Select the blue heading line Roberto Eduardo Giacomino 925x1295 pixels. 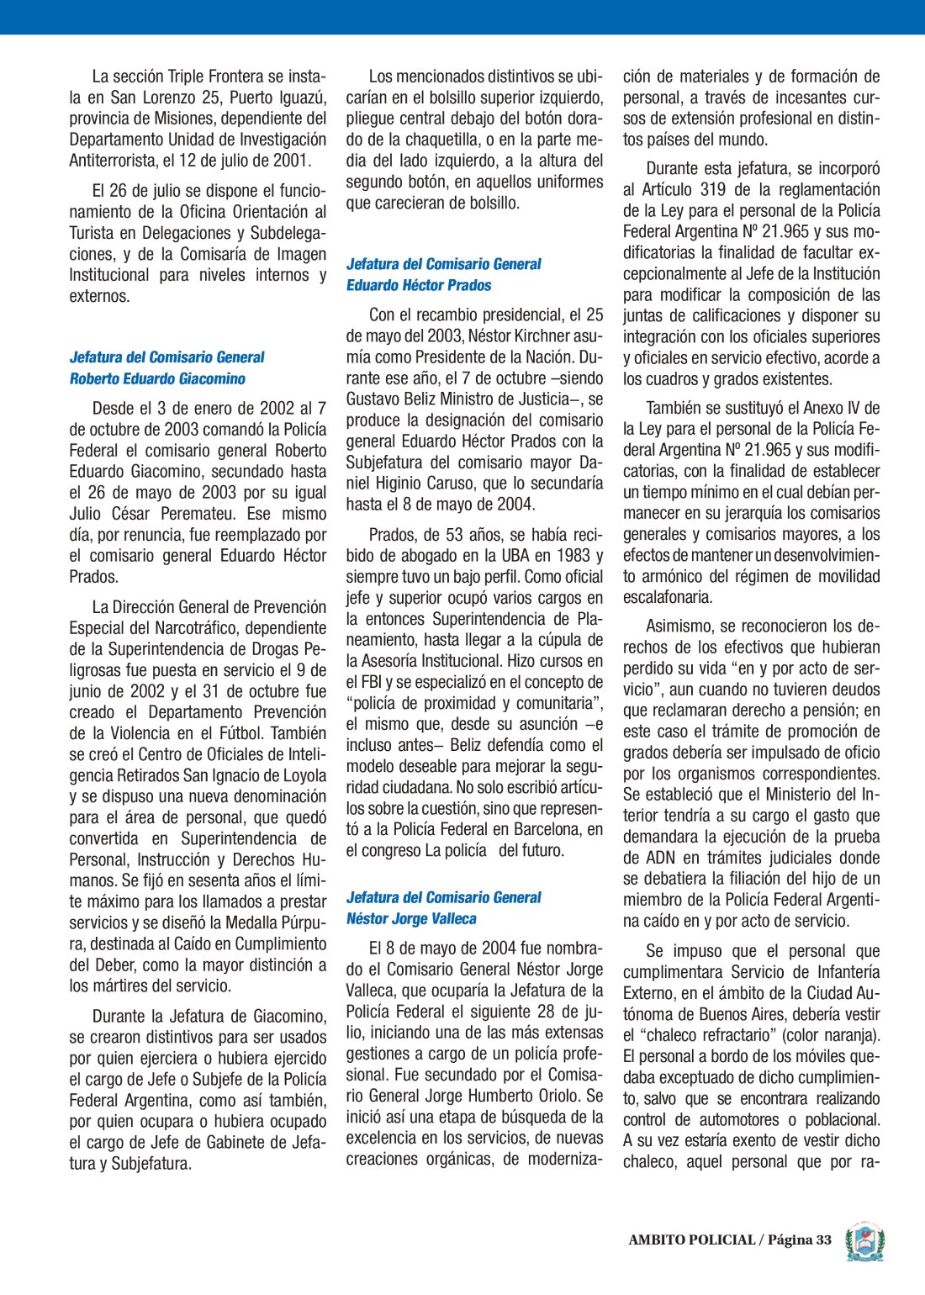point(157,378)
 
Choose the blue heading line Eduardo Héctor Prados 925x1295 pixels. point(419,285)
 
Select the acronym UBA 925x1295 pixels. point(511,556)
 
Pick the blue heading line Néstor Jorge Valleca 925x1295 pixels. point(411,919)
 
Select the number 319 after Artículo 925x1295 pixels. point(713,190)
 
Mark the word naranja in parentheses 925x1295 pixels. point(847,1035)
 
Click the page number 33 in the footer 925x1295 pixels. point(822,1239)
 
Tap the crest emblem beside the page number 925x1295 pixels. point(864,1241)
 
